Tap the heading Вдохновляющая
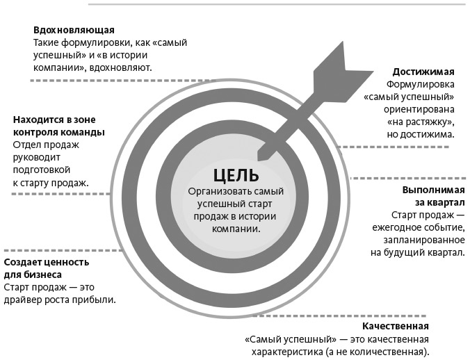[74, 31]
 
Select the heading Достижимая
[423, 72]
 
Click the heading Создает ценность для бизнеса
[47, 268]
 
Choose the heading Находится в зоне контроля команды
[59, 126]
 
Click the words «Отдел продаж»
[47, 145]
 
